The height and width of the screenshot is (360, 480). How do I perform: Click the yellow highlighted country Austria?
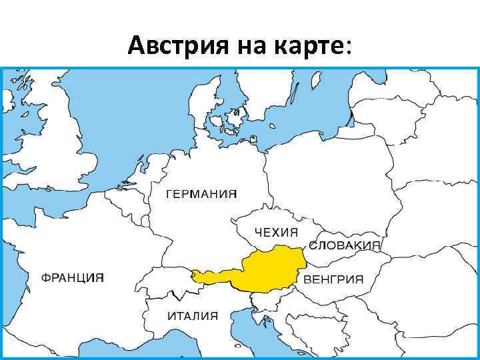[270, 270]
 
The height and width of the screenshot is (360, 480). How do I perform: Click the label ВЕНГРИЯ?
[333, 279]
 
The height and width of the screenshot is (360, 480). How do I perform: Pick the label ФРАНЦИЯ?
[73, 277]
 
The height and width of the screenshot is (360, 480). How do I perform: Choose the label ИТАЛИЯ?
[193, 316]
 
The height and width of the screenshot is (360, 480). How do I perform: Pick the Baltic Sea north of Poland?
[293, 120]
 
